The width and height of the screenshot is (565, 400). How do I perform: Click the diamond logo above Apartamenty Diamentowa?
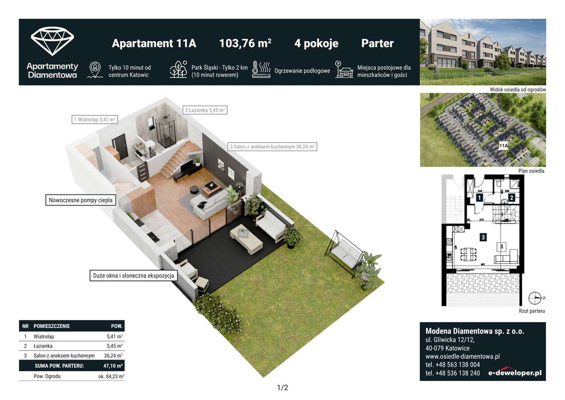52,41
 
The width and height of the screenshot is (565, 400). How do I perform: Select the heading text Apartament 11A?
154,43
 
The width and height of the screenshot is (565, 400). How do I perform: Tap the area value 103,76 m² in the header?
245,43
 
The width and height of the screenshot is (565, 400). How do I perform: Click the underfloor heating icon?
261,70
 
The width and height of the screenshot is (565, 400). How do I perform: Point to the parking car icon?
344,70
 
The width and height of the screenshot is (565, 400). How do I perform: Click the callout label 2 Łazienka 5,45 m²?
205,110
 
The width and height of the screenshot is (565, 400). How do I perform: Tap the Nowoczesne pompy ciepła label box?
81,200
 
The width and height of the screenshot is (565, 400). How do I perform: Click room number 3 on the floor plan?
483,237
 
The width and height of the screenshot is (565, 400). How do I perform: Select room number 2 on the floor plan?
512,198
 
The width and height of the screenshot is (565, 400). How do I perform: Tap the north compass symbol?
535,298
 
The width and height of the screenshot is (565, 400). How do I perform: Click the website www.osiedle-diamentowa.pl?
462,356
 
